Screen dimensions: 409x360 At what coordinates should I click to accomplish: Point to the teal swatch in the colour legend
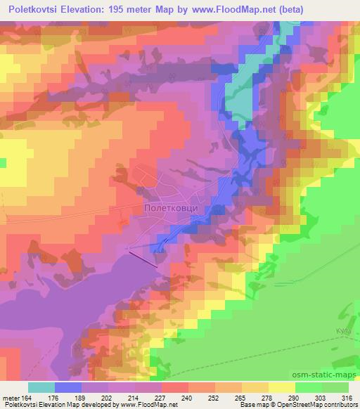pos(41,387)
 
